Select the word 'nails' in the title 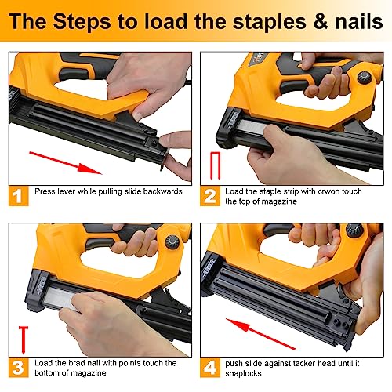[350, 21]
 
